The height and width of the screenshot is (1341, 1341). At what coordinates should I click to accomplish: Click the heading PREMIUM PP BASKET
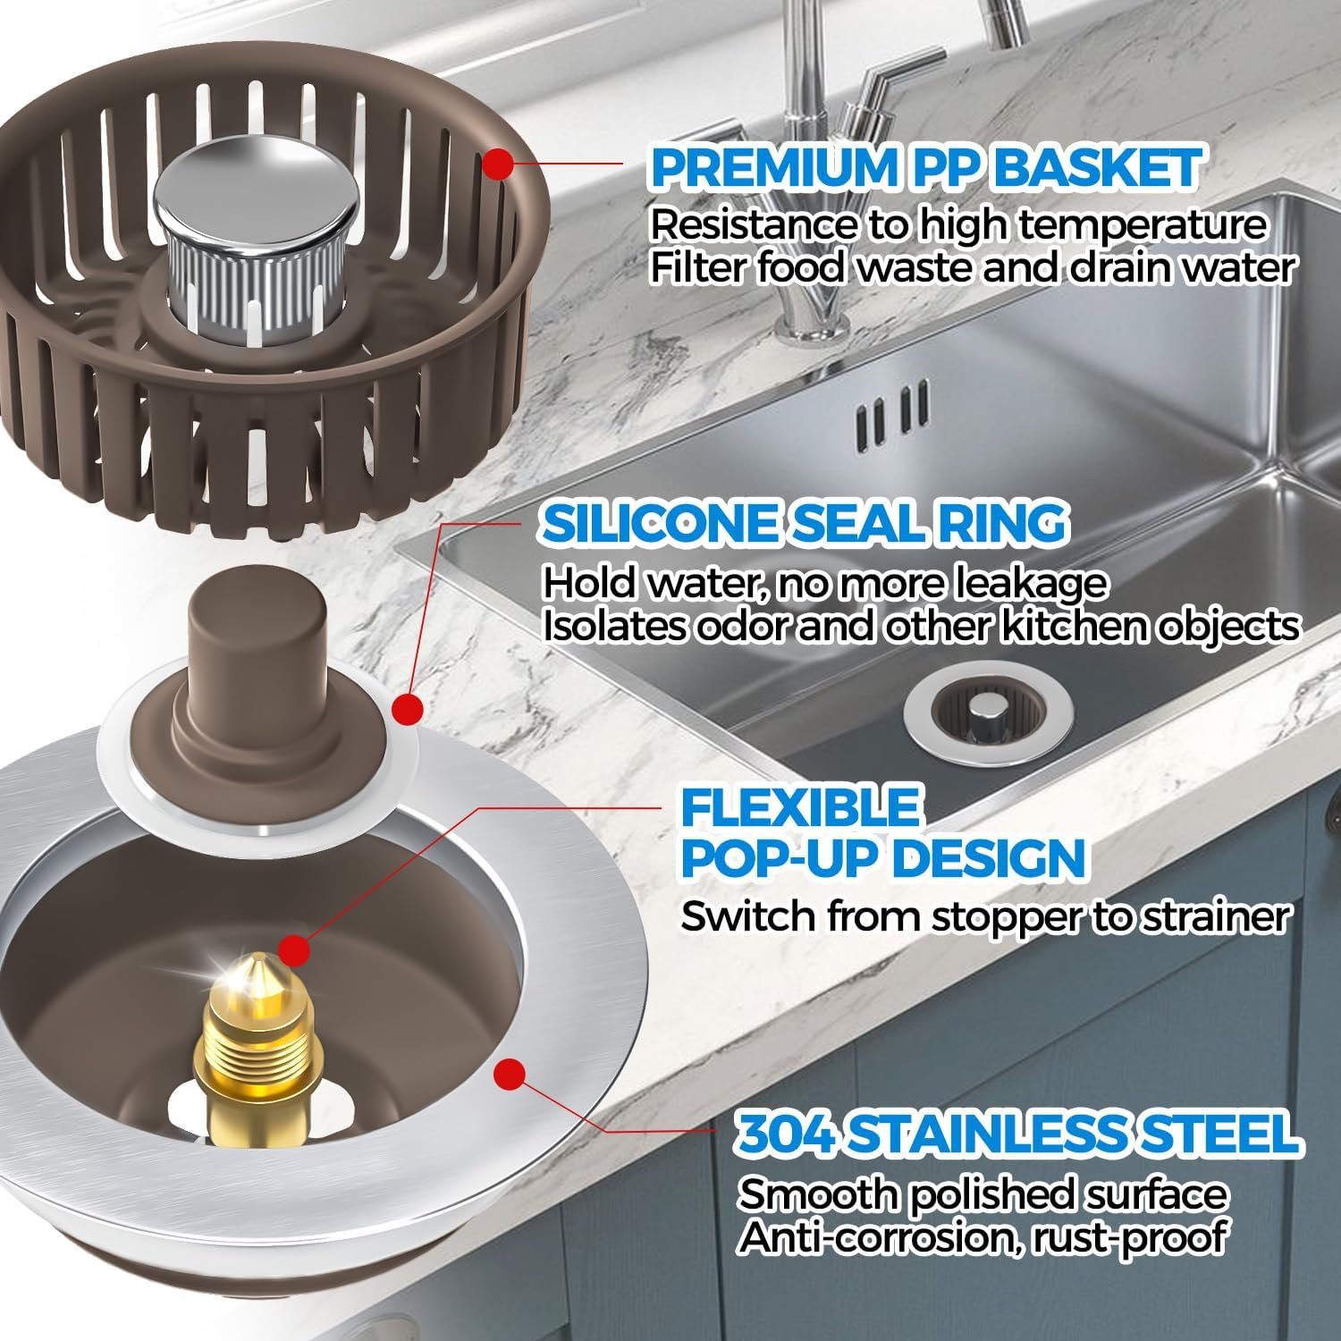[x=925, y=167]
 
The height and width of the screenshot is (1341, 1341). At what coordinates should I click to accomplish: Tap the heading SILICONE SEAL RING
[x=805, y=523]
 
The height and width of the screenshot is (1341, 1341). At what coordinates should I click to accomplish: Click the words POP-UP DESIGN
[x=883, y=858]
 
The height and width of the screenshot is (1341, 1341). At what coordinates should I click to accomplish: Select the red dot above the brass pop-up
[x=293, y=948]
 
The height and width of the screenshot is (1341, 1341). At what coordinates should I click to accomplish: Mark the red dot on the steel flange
[x=508, y=1070]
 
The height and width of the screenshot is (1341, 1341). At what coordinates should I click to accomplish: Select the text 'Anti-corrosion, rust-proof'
[x=982, y=1238]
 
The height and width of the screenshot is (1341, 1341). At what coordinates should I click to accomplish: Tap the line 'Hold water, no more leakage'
[x=825, y=584]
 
